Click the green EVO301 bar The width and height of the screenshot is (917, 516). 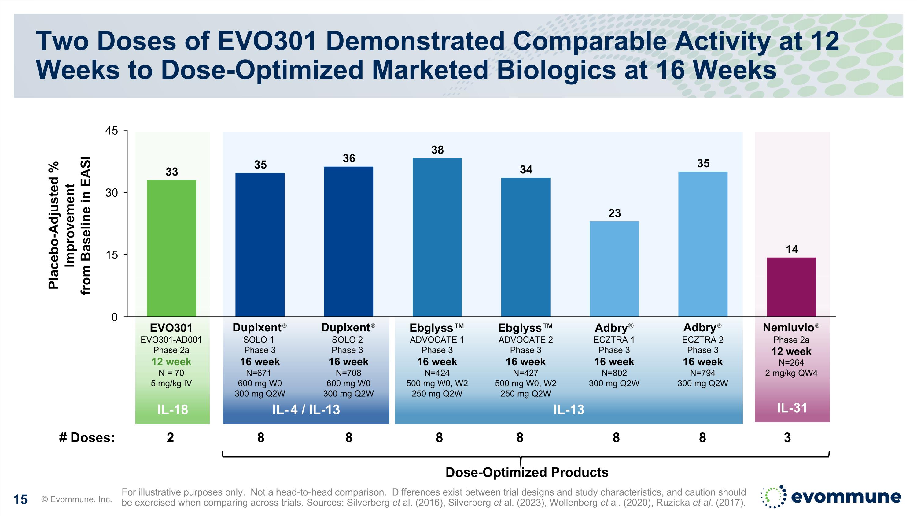[x=171, y=248]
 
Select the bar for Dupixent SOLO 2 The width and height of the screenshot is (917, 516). [x=348, y=241]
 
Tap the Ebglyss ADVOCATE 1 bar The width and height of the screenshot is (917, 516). [x=437, y=237]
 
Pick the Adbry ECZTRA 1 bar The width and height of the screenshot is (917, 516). [x=614, y=269]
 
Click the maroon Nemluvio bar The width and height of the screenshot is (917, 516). [x=791, y=287]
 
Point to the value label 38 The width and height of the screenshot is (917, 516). [x=437, y=150]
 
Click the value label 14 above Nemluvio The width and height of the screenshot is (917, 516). [x=792, y=249]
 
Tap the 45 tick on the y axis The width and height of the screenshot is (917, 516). [x=112, y=131]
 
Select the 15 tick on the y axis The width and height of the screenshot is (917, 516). [x=112, y=255]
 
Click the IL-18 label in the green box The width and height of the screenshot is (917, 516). [x=172, y=410]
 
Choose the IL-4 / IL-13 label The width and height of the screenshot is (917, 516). [x=306, y=410]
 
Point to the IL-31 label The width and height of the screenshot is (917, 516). [x=792, y=408]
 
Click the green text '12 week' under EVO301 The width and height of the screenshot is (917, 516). [x=171, y=362]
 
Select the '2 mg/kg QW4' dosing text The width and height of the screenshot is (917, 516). [x=791, y=373]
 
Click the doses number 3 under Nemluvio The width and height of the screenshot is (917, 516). [x=787, y=437]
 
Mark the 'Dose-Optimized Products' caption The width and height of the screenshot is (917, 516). [x=527, y=472]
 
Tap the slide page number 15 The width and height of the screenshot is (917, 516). [x=20, y=499]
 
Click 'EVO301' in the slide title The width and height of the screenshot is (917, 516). [x=267, y=41]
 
